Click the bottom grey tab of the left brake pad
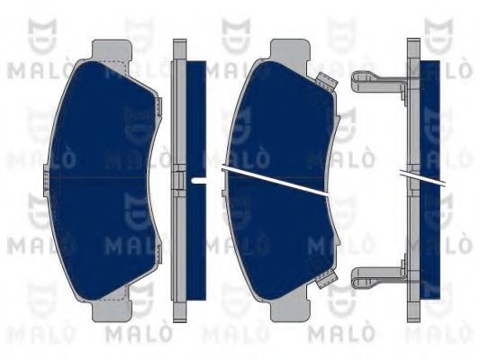click(x=112, y=310)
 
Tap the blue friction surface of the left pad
click(x=101, y=181)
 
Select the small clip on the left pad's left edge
click(x=46, y=181)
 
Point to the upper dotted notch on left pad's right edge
click(x=158, y=107)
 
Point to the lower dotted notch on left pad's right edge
click(x=158, y=255)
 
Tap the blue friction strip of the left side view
click(x=196, y=181)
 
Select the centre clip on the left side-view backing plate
click(x=179, y=181)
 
